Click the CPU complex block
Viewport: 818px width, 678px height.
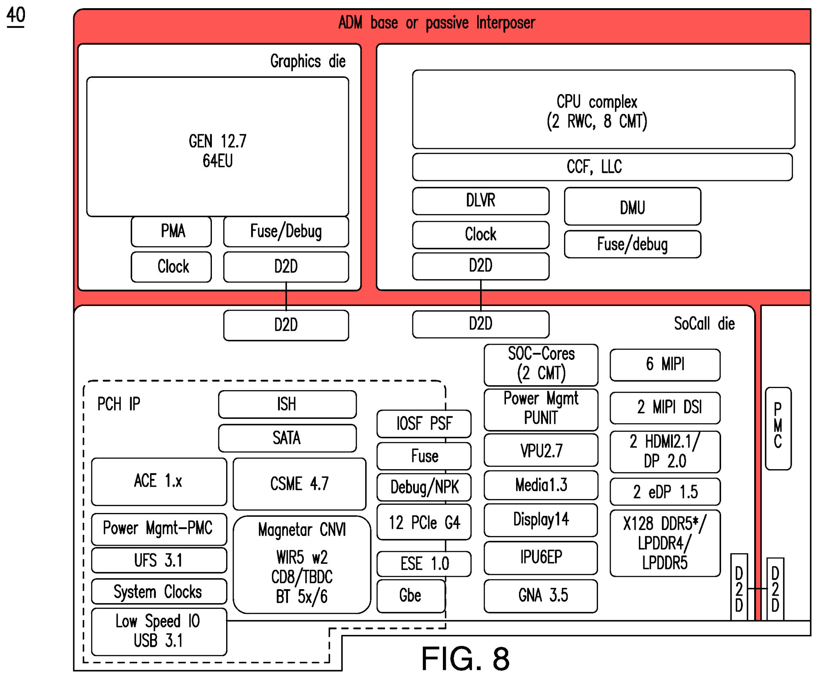point(603,109)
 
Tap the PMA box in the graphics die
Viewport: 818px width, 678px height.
point(171,232)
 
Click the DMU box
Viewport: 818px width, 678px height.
point(632,207)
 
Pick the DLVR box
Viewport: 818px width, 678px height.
point(481,201)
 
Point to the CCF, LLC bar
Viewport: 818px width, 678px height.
point(602,167)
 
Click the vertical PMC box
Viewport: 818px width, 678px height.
point(778,428)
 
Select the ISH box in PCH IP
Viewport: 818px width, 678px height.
point(287,404)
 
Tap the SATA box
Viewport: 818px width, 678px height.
point(287,438)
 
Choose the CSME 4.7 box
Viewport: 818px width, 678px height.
point(299,484)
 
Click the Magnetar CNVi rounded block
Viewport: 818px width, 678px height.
point(302,565)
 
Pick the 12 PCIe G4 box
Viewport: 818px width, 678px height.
point(424,522)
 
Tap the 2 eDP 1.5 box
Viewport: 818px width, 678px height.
point(665,492)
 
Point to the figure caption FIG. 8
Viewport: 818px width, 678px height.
point(465,659)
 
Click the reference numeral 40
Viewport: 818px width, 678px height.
point(16,16)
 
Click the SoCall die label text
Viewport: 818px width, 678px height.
point(704,324)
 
